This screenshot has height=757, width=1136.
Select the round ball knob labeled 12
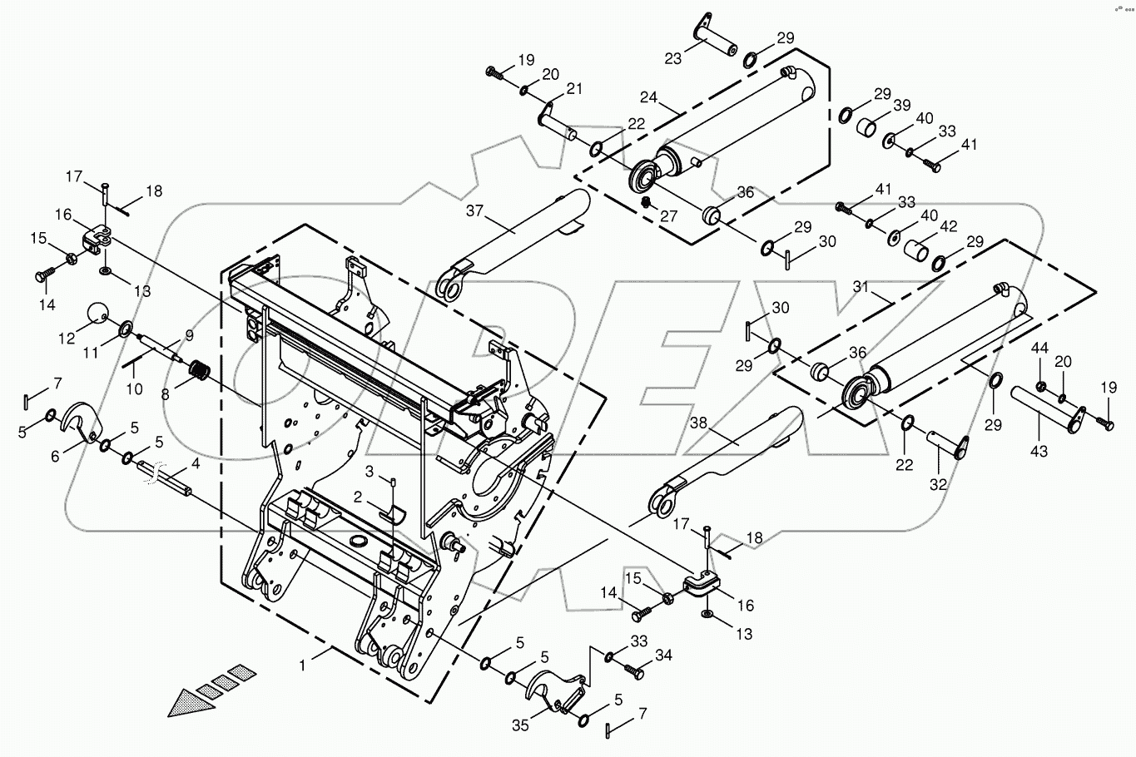click(x=98, y=314)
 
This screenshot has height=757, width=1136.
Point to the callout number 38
click(x=697, y=423)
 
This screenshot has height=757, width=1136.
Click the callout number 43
click(x=1039, y=452)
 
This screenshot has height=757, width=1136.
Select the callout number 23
click(x=672, y=58)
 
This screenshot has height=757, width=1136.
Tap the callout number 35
click(x=520, y=725)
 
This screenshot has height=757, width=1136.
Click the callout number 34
click(x=663, y=656)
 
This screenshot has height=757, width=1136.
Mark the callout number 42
click(x=948, y=225)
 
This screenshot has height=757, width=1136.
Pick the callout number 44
click(x=1040, y=347)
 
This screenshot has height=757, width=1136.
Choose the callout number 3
click(x=368, y=472)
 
